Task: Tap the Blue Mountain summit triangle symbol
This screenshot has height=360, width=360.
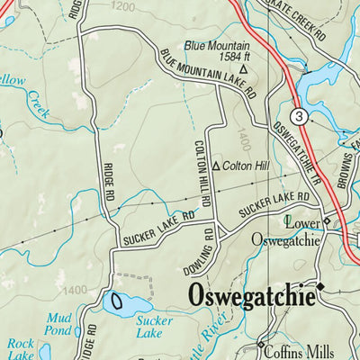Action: (x=243, y=68)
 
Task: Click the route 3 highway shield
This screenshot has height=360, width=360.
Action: (x=298, y=115)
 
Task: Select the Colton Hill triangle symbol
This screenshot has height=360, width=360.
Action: (x=215, y=166)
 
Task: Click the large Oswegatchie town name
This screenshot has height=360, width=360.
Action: (x=250, y=296)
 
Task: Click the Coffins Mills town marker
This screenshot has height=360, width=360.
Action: (x=261, y=345)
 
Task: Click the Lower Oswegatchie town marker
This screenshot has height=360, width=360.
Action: (x=328, y=220)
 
